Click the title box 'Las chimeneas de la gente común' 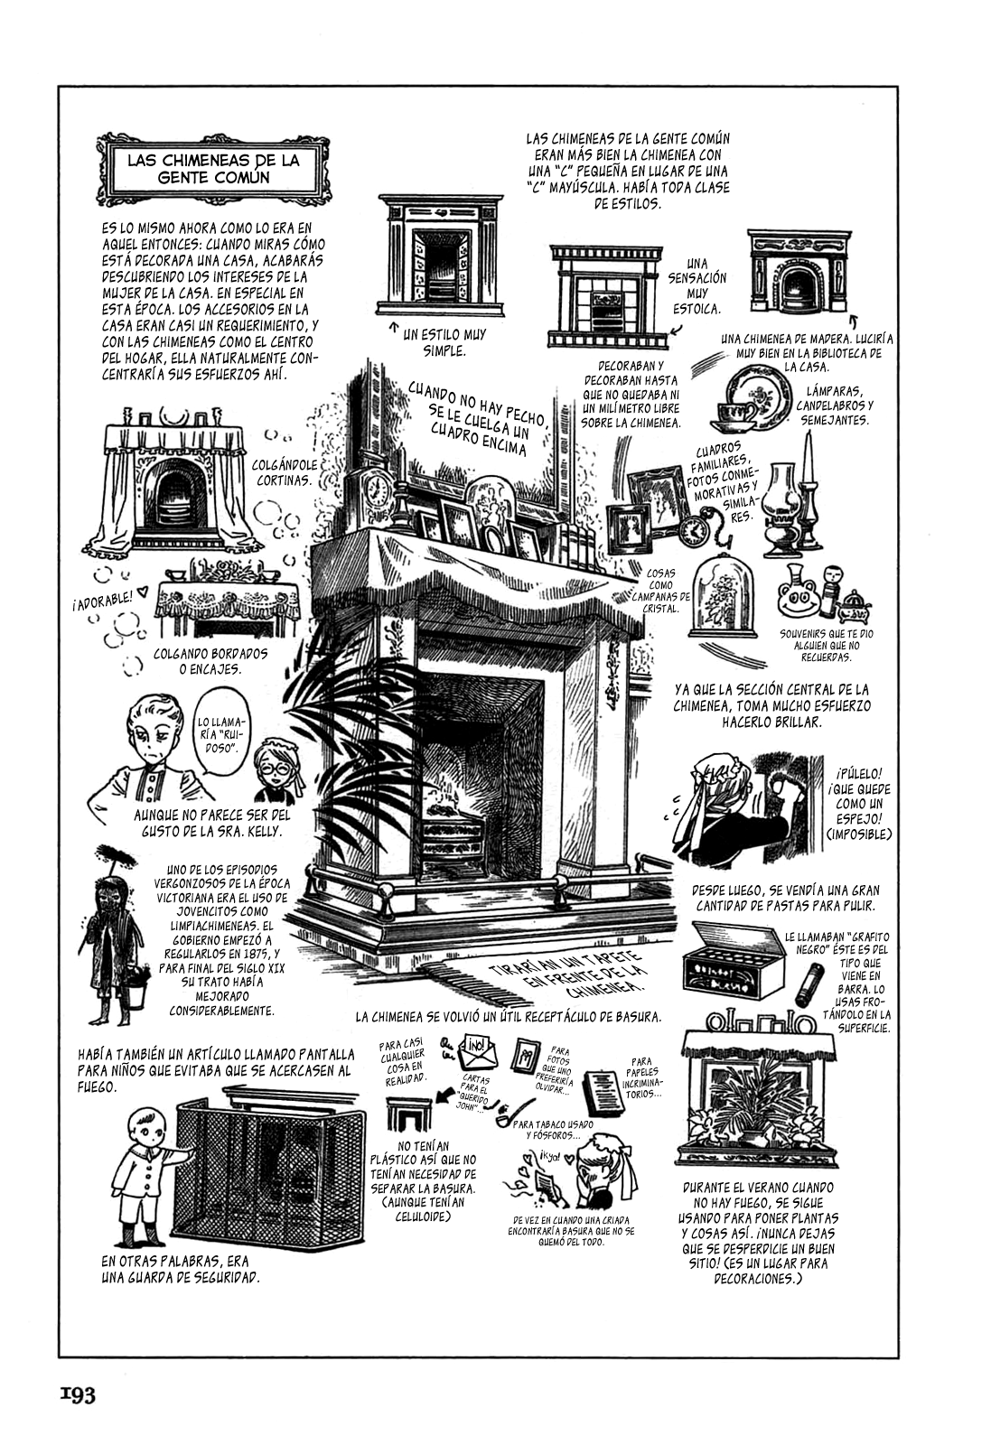pos(213,168)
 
